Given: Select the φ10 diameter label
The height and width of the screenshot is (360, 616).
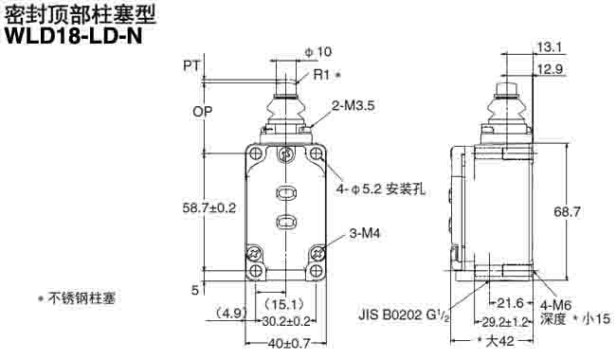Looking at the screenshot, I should click(x=317, y=51).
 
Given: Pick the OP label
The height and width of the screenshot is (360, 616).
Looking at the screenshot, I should click(x=202, y=111).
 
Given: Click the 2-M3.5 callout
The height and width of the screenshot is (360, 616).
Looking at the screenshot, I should click(x=355, y=106).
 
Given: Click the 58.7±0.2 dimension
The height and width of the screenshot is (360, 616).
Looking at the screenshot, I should click(x=209, y=206).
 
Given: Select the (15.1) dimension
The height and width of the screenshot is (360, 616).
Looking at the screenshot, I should click(x=283, y=304).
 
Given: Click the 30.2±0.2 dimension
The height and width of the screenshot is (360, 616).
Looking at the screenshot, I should click(x=287, y=322).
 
